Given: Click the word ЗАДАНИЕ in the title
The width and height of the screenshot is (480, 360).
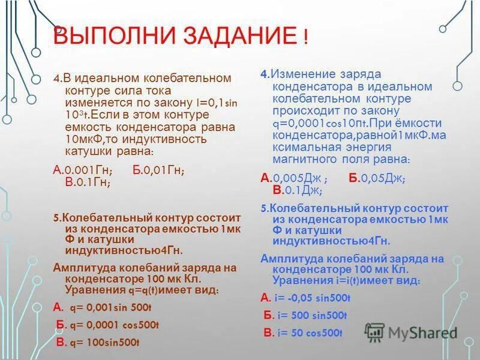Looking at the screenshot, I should coord(234,38).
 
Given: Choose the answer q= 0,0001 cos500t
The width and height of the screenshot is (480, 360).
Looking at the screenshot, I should coord(114,325).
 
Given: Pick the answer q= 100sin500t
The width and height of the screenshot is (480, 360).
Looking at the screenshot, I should coord(105,343).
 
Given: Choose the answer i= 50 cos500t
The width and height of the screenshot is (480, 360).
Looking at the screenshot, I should coord(308,333).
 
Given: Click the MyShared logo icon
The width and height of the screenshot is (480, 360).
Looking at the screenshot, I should coord(374,332).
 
